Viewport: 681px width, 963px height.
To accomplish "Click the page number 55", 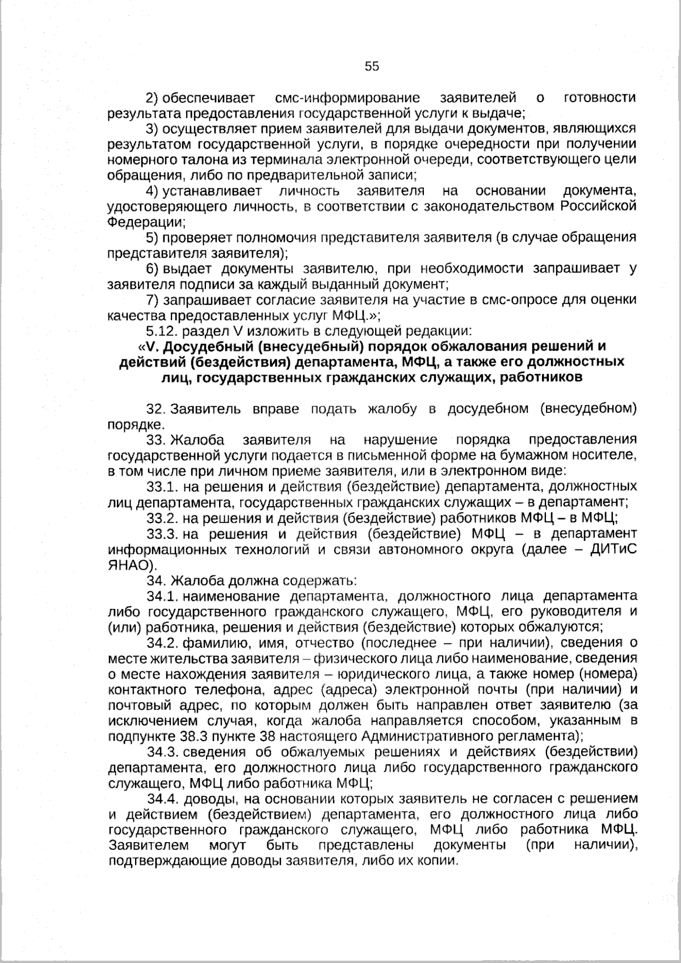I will click(372, 66).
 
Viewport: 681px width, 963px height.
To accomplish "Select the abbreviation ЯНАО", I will click(129, 565).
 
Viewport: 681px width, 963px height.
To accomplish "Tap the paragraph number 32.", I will click(155, 409).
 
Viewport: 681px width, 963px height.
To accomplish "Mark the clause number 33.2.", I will click(163, 518).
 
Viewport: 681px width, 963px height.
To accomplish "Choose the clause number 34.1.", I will click(163, 596).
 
